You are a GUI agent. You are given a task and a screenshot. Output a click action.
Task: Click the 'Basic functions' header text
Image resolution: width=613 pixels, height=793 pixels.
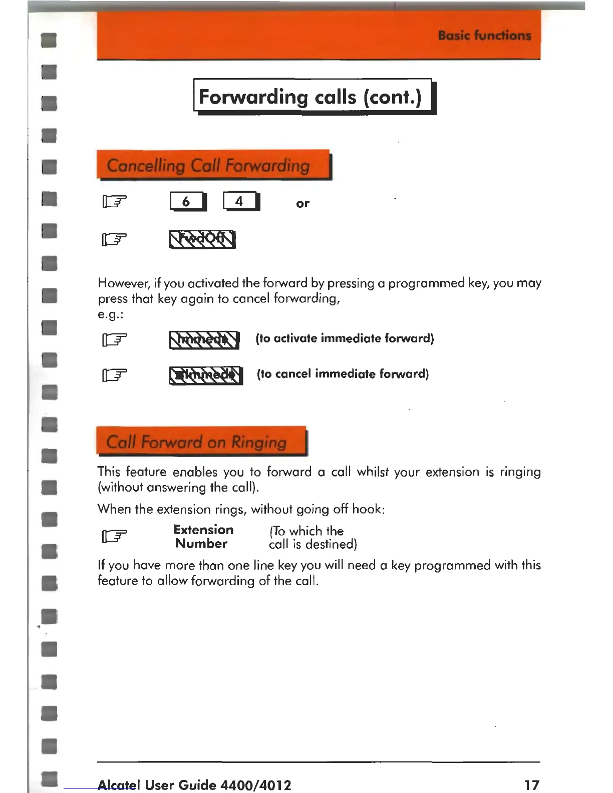pos(484,36)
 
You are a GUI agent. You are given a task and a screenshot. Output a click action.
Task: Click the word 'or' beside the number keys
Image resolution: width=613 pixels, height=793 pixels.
pos(302,203)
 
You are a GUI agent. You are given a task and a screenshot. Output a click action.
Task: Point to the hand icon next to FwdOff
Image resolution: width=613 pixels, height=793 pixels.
pos(115,239)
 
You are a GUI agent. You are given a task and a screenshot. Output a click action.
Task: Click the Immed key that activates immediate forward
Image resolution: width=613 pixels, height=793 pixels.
pos(204,339)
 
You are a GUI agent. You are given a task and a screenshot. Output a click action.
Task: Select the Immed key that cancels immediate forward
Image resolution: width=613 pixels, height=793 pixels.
pos(206,375)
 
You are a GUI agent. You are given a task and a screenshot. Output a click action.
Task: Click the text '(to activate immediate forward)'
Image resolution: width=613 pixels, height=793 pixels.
pos(345,338)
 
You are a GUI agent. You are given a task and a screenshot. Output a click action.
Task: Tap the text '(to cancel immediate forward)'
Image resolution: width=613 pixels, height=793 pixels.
pos(343,374)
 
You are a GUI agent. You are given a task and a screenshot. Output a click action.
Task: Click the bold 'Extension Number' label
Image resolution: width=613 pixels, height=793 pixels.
pos(203,537)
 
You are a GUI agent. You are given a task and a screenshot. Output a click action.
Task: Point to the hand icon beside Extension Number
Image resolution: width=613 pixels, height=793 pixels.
pos(115,537)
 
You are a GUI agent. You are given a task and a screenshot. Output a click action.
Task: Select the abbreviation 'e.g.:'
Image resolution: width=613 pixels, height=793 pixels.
pos(111,315)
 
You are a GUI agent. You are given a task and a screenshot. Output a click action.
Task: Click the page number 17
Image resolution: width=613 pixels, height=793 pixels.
pos(531,784)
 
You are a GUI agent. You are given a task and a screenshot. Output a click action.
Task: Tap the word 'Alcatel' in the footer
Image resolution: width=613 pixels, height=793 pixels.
pos(119,784)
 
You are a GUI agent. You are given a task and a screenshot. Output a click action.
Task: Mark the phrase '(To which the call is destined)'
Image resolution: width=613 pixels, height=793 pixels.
pos(313,537)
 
